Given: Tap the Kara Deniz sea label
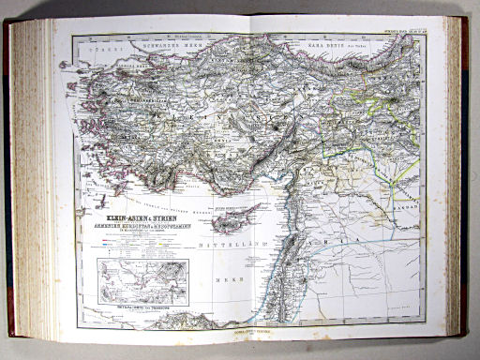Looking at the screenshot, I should click(x=323, y=44).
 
